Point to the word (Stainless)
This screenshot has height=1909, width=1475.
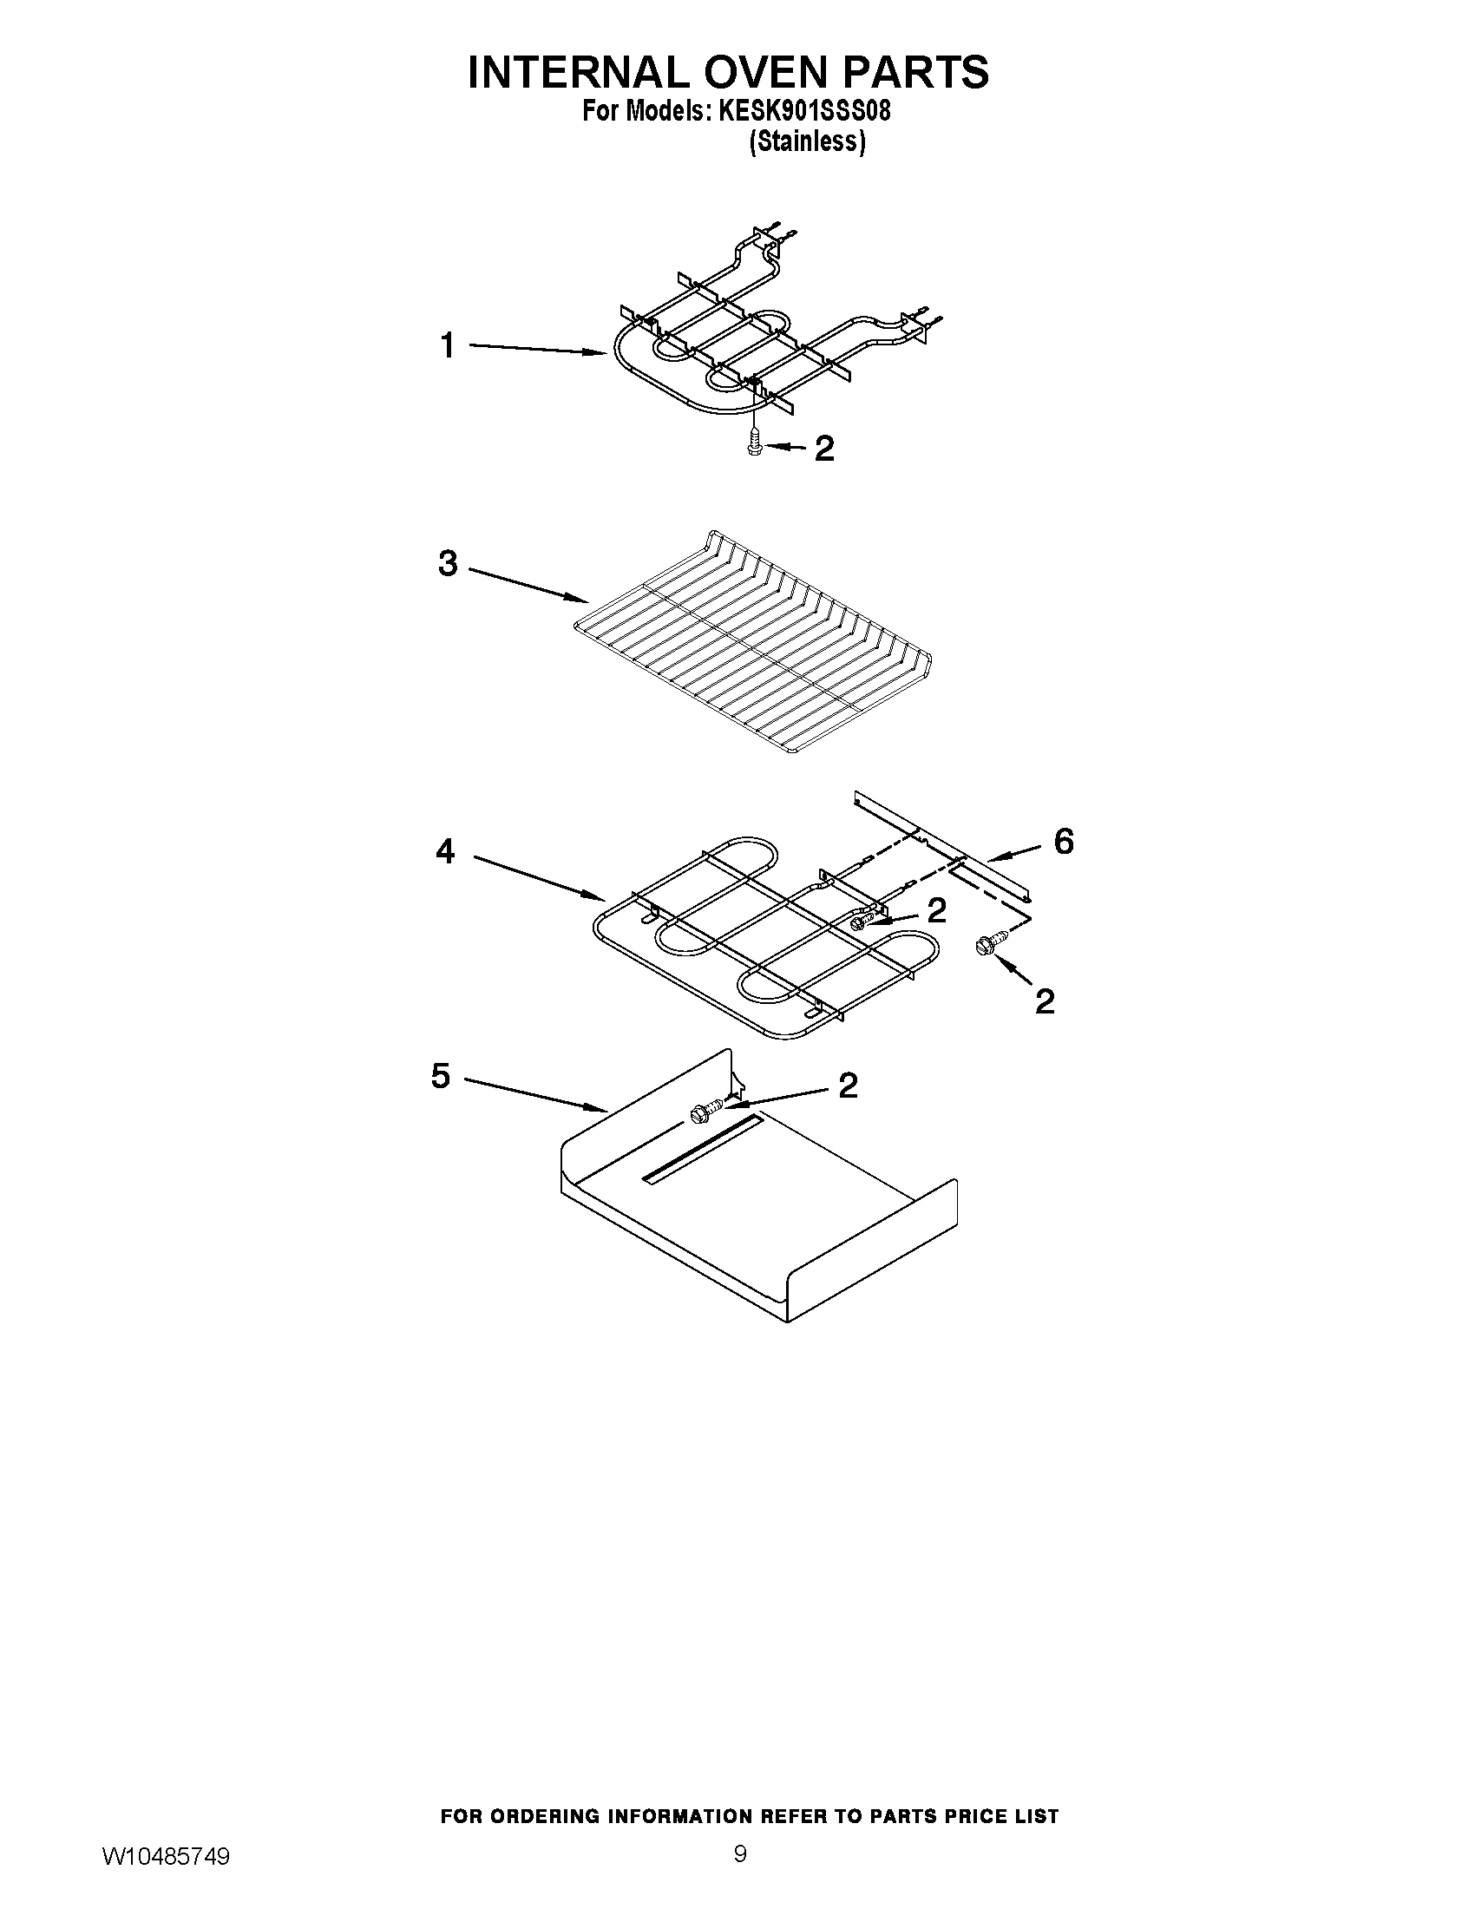click(x=808, y=141)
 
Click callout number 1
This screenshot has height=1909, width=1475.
click(x=448, y=346)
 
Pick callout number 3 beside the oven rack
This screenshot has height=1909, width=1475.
click(x=448, y=564)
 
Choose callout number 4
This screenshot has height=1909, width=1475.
click(x=446, y=850)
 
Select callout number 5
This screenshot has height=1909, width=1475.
click(x=441, y=1076)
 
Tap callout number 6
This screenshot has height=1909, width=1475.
click(x=1064, y=842)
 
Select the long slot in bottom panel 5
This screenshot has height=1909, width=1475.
click(x=704, y=1150)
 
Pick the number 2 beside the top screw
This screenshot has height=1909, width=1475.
click(x=824, y=449)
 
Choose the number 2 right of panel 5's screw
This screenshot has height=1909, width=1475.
click(x=848, y=1086)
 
